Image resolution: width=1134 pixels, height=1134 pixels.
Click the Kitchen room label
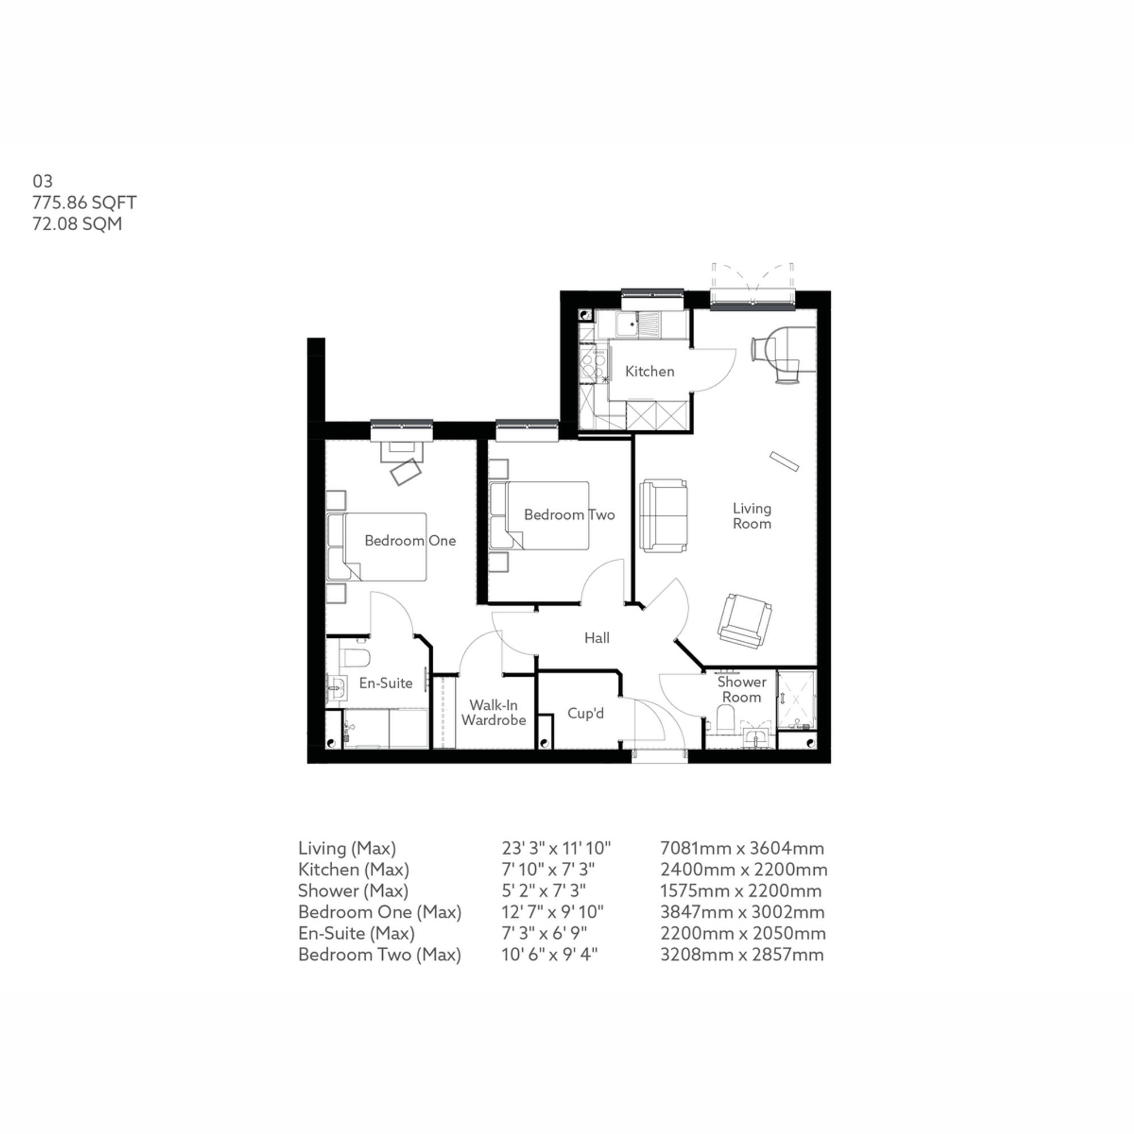(649, 371)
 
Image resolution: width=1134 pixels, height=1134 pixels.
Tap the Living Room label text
(751, 516)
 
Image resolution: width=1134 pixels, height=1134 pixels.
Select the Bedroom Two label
(569, 515)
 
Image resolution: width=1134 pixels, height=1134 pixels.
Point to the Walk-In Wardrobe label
(493, 713)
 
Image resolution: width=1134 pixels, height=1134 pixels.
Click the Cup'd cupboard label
(585, 713)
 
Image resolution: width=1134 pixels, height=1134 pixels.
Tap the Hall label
(596, 638)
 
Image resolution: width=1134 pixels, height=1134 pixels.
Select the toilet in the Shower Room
(726, 718)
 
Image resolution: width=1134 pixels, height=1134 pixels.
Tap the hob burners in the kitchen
(594, 364)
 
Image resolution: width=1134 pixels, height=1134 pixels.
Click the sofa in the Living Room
(663, 515)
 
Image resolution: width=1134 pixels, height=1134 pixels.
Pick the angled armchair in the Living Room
(744, 620)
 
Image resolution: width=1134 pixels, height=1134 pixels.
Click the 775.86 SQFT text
(84, 202)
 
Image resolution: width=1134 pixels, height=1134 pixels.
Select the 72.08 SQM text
(77, 223)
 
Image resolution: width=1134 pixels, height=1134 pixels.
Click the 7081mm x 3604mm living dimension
(742, 848)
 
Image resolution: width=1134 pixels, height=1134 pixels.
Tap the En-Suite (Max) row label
(356, 933)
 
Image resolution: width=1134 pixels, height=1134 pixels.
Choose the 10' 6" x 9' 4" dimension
(549, 954)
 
